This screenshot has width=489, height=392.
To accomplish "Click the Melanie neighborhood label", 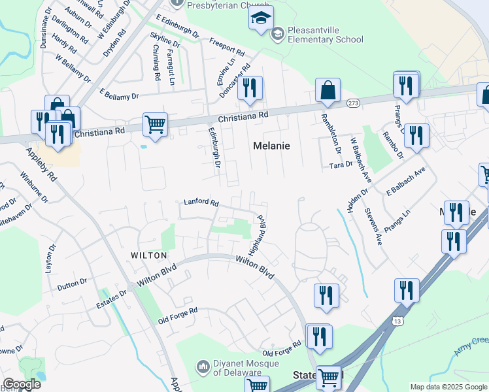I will click(271, 146).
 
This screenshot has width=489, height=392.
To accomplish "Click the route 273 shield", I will click(354, 103).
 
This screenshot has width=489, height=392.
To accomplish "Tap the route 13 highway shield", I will click(397, 321).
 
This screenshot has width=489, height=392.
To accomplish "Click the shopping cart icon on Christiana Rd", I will click(155, 123).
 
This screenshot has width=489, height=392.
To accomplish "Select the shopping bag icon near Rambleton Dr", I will click(328, 90).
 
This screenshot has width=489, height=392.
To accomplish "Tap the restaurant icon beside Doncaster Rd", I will click(248, 88).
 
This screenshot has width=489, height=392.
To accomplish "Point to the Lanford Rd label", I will click(200, 203).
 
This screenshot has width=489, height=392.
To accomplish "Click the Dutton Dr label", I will click(72, 283).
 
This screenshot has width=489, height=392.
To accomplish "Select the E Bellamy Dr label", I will click(119, 96).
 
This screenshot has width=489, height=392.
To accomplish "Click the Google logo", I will click(22, 384).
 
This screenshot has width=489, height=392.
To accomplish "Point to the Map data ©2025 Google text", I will click(448, 387).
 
